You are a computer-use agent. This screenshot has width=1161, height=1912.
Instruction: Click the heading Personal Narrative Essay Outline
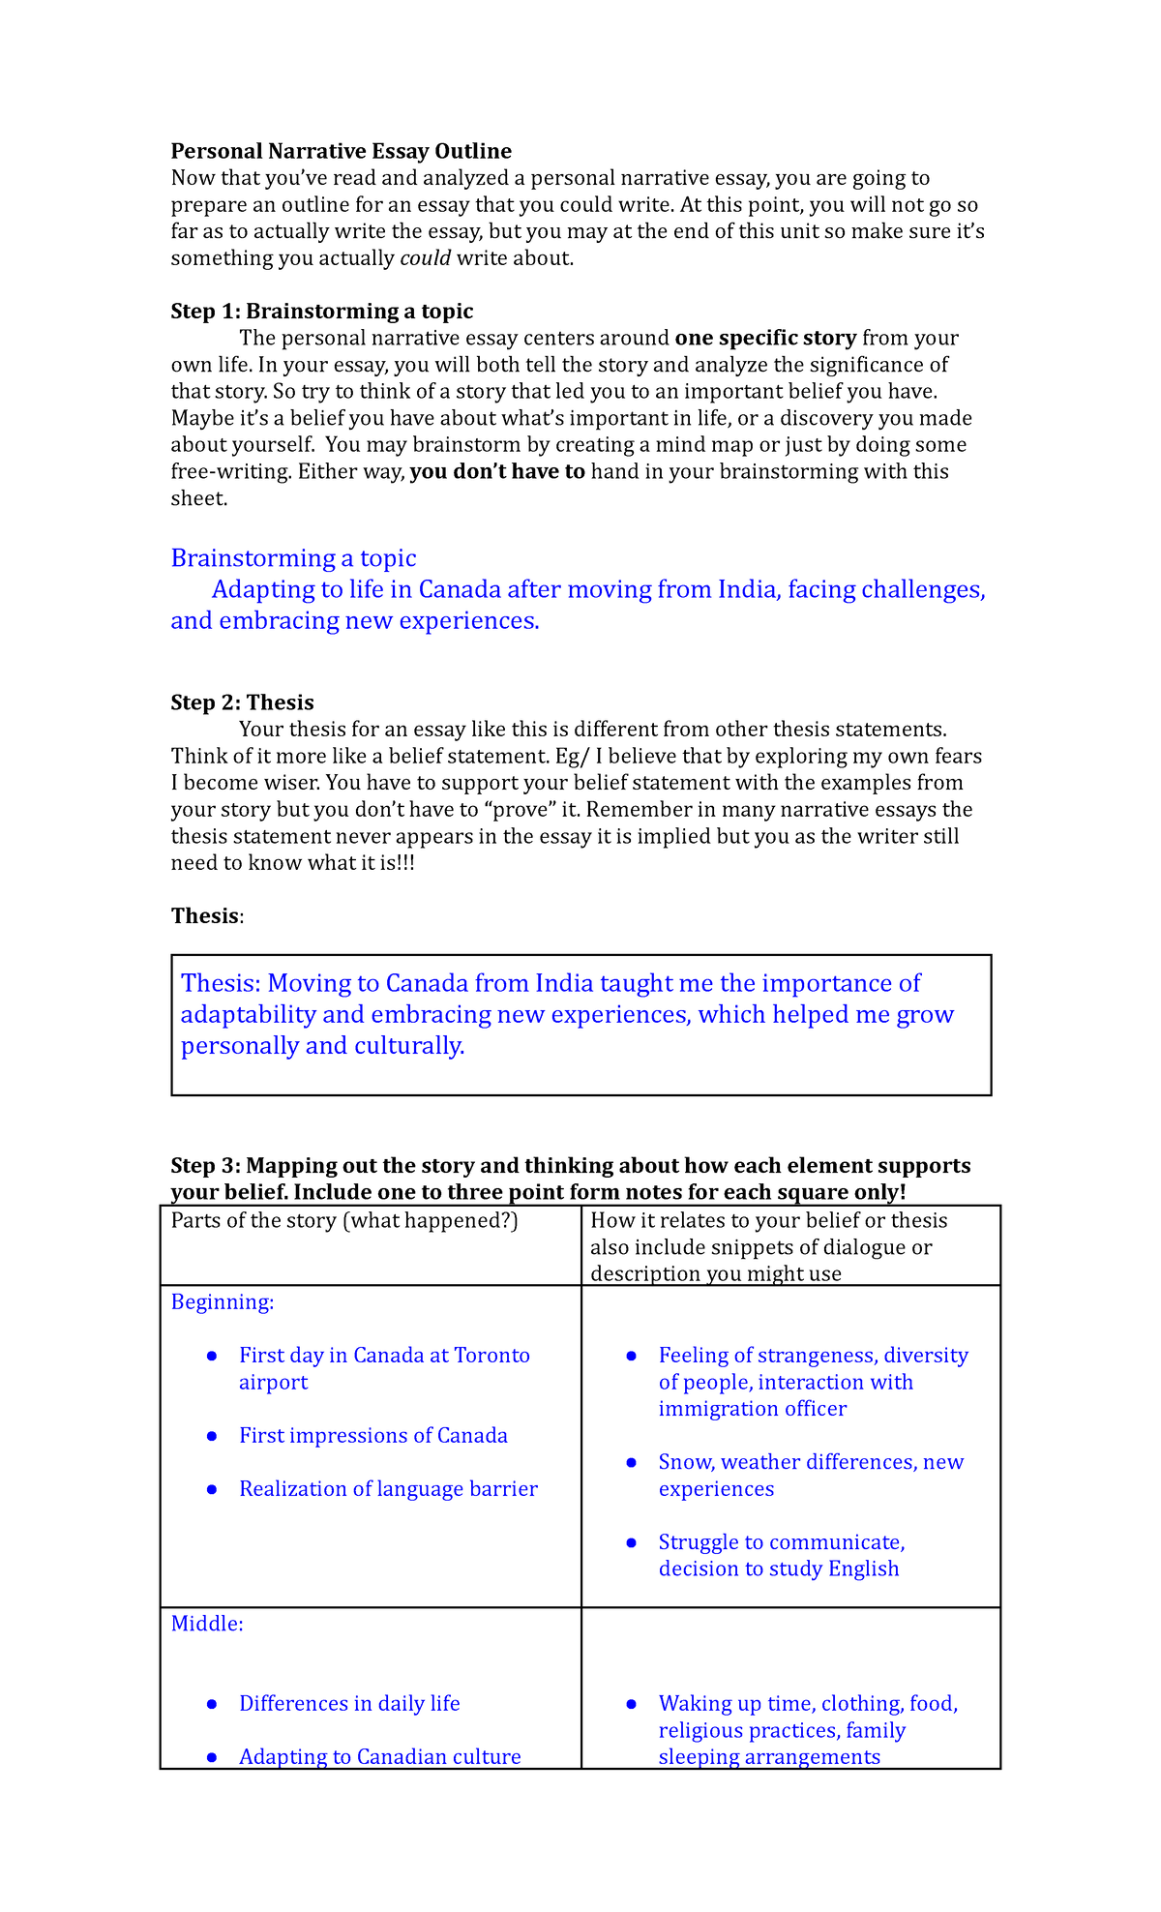tap(341, 151)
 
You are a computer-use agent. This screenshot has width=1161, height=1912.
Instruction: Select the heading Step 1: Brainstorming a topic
tap(321, 312)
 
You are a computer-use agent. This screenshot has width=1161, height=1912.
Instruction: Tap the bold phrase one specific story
tap(764, 339)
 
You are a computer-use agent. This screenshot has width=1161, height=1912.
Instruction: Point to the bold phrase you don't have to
tap(497, 472)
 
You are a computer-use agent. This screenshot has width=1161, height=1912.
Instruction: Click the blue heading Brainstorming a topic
tap(293, 558)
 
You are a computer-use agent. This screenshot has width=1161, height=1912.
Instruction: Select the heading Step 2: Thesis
tap(242, 702)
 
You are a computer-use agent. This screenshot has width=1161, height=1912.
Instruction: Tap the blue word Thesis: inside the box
tap(221, 984)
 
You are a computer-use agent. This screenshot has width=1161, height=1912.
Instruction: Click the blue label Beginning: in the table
tap(223, 1302)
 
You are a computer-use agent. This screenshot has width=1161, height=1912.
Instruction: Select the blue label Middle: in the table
tap(207, 1624)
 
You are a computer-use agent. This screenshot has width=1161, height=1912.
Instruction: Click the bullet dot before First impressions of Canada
tap(212, 1437)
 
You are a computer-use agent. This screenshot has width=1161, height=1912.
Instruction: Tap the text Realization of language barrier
tap(388, 1489)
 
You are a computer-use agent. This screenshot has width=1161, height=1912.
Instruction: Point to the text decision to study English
tap(778, 1568)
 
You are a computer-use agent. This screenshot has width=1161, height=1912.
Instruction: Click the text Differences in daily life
tap(349, 1704)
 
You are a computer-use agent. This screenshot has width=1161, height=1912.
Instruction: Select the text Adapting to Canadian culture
tap(379, 1757)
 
